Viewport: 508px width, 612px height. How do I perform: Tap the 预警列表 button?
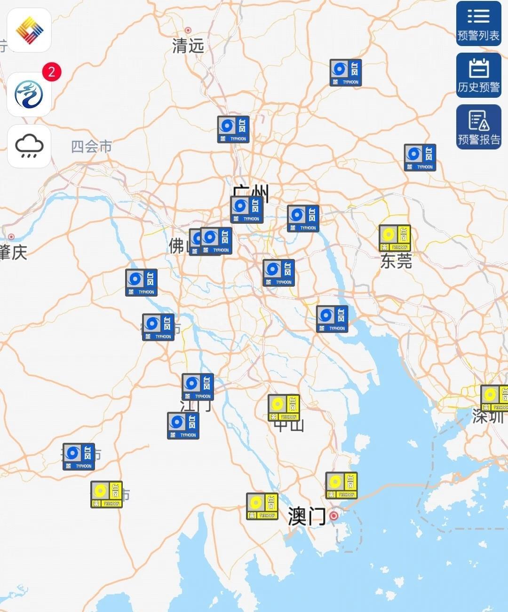coord(478,24)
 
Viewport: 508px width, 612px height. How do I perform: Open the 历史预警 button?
coord(478,75)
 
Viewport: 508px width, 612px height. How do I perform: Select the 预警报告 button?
coord(478,127)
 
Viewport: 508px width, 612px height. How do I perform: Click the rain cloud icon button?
coord(29,146)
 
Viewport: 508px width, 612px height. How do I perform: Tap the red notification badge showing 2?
coord(52,72)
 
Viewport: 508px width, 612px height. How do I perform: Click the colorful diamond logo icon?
coord(29,30)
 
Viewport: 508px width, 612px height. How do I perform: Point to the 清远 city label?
coord(188,46)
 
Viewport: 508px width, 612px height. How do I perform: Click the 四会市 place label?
coord(92,147)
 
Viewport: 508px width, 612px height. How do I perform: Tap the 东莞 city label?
coord(396,261)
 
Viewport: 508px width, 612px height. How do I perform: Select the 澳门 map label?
coord(307,516)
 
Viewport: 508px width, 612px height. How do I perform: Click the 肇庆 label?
coord(13,252)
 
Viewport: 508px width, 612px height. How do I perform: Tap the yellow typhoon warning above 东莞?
coord(395,238)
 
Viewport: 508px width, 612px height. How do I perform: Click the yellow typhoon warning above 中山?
coord(284,408)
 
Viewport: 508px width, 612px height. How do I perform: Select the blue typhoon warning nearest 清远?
coord(233,129)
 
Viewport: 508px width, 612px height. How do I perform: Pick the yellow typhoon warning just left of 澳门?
coord(262,506)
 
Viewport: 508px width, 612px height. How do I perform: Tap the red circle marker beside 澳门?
coord(334,516)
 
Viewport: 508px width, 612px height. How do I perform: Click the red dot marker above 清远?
coord(188,30)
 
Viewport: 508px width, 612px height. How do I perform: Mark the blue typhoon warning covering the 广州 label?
coord(246,209)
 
